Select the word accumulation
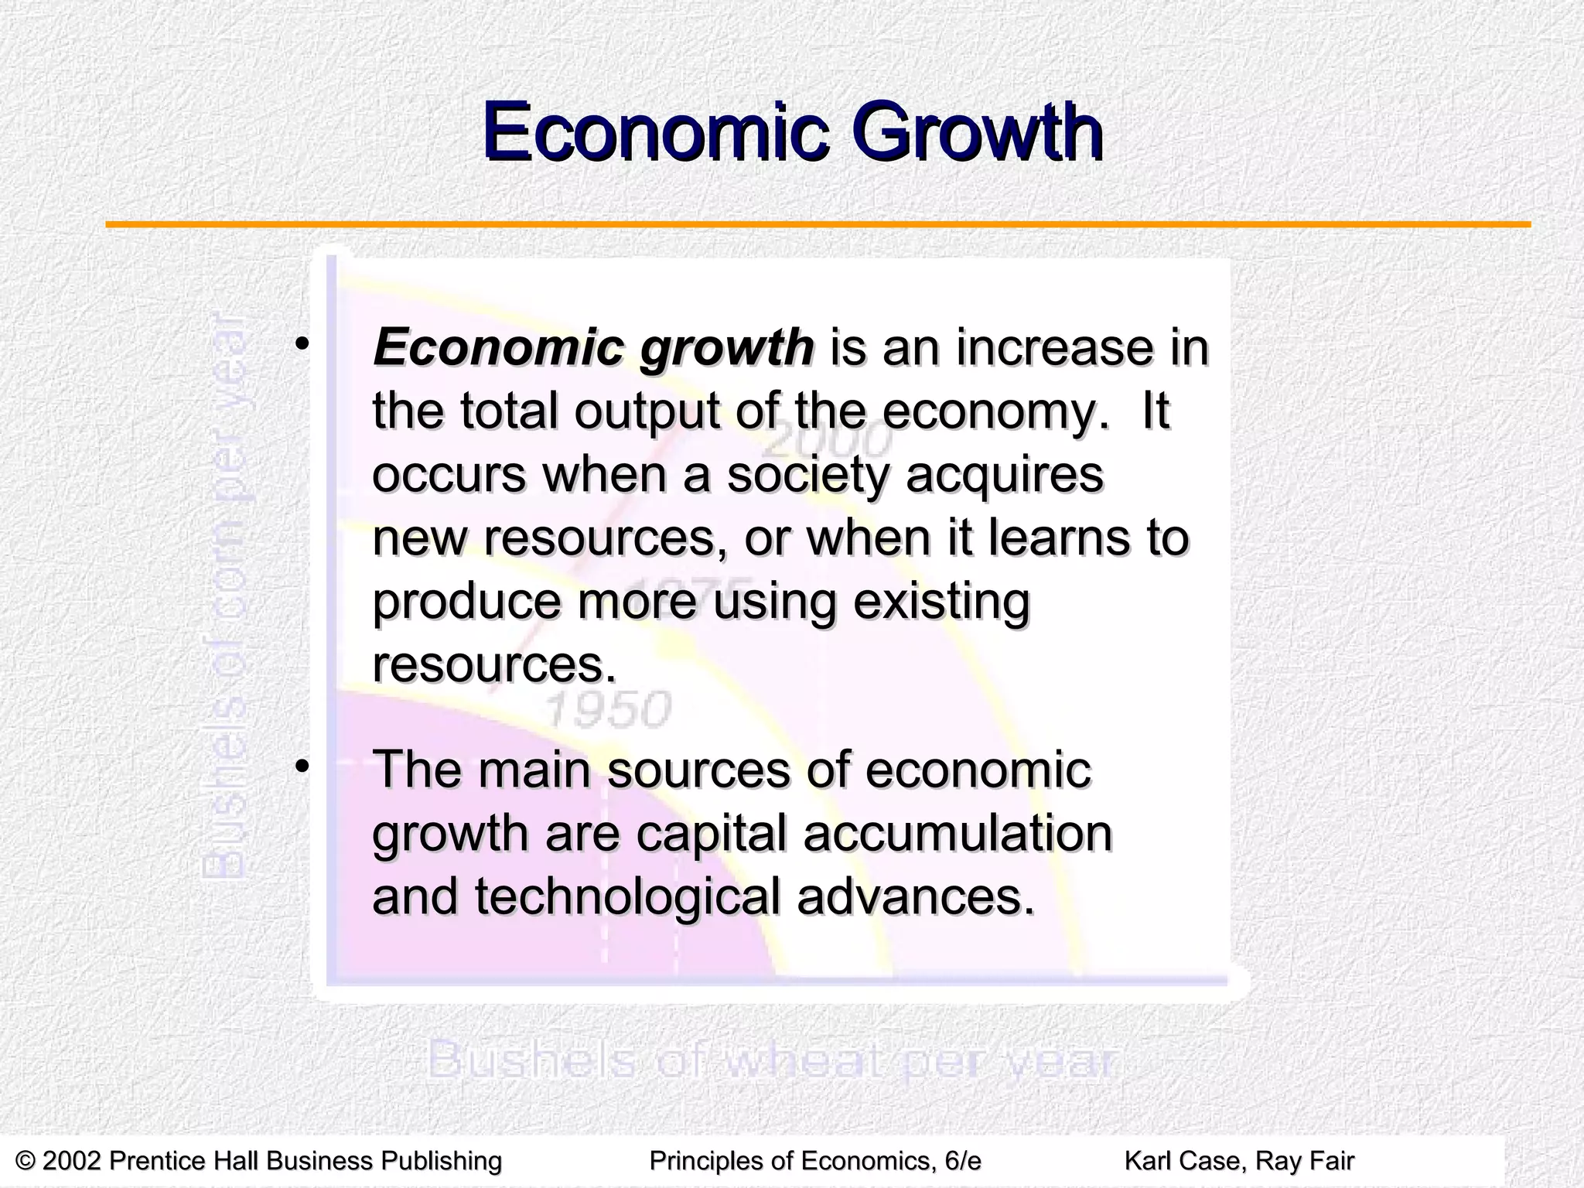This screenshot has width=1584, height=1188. click(958, 834)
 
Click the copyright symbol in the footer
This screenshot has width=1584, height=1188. click(26, 1161)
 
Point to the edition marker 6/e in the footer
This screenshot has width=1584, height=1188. click(963, 1161)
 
